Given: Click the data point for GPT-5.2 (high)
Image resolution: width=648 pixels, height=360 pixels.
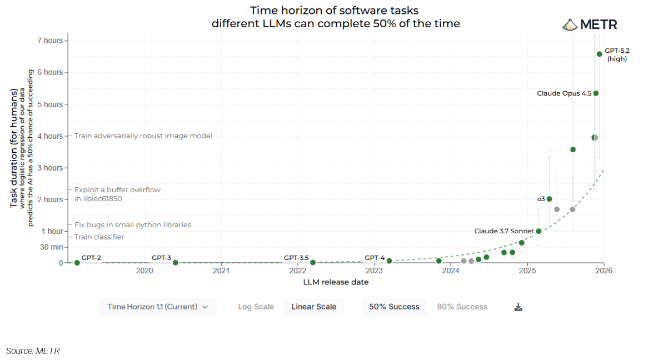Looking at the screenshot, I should [599, 54].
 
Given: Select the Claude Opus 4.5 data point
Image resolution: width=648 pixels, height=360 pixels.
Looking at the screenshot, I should [596, 93].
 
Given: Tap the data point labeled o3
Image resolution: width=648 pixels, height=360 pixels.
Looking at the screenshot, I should [549, 199].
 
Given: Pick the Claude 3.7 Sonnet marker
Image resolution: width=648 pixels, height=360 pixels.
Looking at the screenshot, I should [539, 231].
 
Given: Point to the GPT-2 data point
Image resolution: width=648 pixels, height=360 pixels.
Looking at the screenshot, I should [77, 263].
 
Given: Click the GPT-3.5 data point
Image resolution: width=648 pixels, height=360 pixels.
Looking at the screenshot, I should [313, 262].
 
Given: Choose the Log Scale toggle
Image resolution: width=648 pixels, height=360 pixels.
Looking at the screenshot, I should [256, 307].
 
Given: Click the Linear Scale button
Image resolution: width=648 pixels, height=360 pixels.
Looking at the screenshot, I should [313, 307].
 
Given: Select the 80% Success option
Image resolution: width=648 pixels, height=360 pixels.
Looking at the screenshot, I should [462, 307].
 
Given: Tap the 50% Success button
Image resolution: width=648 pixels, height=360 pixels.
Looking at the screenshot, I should [394, 307].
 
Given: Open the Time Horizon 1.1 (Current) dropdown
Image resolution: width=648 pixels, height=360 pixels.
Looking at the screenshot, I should [158, 307].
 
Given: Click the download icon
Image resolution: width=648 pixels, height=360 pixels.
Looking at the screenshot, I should [518, 307].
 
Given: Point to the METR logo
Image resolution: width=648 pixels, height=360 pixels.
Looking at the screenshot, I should [590, 24].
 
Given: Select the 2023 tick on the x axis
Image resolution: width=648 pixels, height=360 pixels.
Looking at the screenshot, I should [374, 271].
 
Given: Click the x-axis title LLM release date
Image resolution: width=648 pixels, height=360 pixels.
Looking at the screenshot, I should [336, 282].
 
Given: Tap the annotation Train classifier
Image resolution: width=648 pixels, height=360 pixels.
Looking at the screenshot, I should [99, 237].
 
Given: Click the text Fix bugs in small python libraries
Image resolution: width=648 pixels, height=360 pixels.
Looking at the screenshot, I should [132, 225].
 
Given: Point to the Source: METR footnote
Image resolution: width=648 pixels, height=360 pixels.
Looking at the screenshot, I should [33, 351].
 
